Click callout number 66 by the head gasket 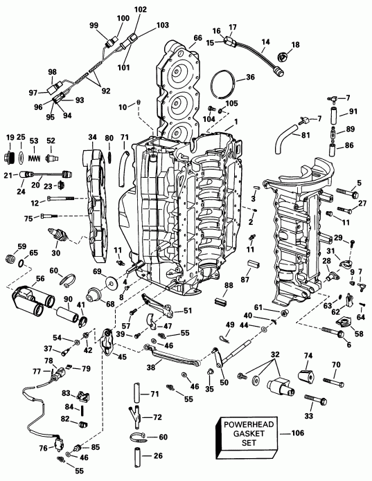pos(198,38)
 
